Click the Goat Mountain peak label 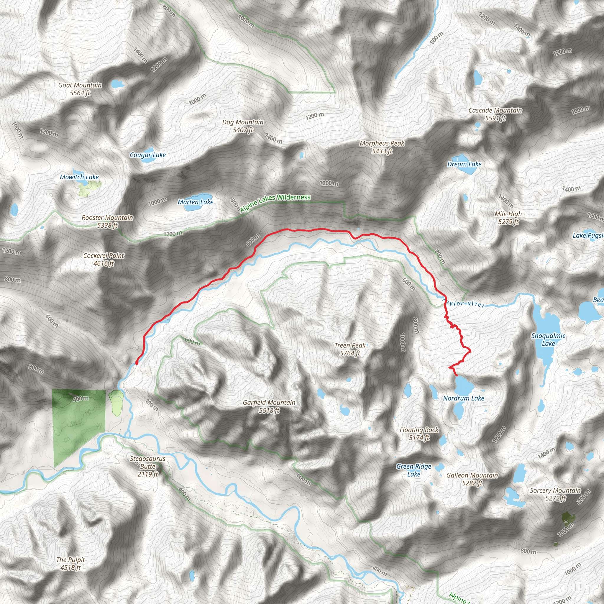pyautogui.click(x=80, y=89)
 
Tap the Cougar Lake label pyautogui.click(x=147, y=155)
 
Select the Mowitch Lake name pyautogui.click(x=79, y=177)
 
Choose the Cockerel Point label pyautogui.click(x=104, y=260)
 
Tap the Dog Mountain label pyautogui.click(x=243, y=126)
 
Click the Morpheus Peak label pyautogui.click(x=382, y=147)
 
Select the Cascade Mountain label pyautogui.click(x=495, y=114)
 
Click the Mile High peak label pyautogui.click(x=508, y=218)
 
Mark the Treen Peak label pyautogui.click(x=350, y=349)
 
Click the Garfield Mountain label pyautogui.click(x=269, y=406)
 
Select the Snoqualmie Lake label pyautogui.click(x=548, y=339)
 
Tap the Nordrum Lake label pyautogui.click(x=464, y=398)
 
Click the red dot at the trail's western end pyautogui.click(x=136, y=363)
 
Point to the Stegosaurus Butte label pyautogui.click(x=147, y=466)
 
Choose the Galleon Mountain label pyautogui.click(x=472, y=479)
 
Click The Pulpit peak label pyautogui.click(x=71, y=564)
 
